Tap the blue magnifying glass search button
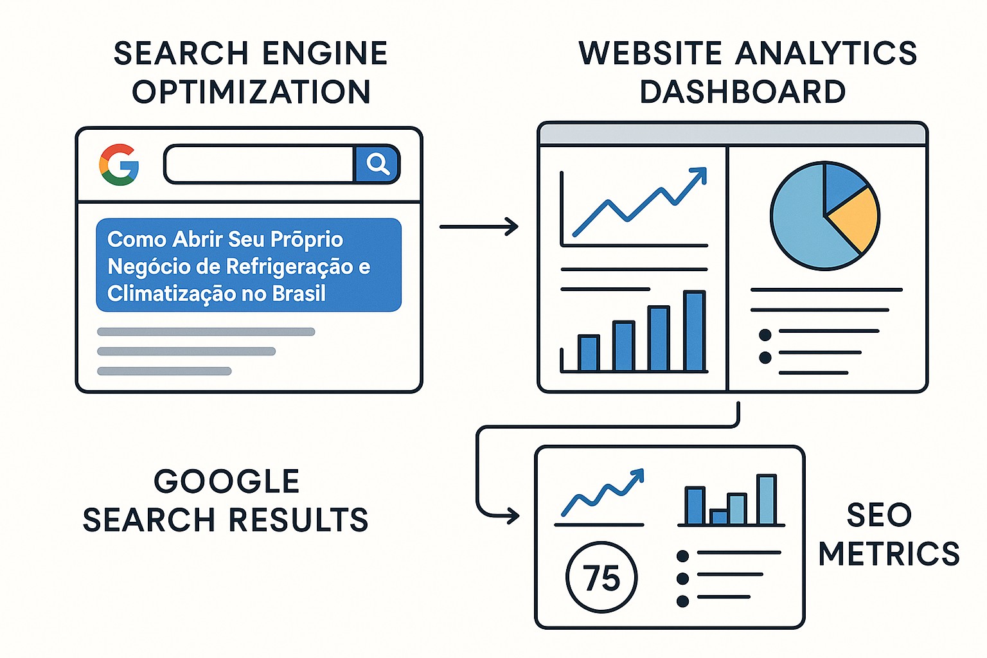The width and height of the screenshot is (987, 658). pyautogui.click(x=377, y=164)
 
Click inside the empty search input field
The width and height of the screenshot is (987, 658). pyautogui.click(x=259, y=164)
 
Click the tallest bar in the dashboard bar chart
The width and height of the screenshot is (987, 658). pyautogui.click(x=695, y=330)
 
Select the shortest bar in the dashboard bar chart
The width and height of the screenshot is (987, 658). pyautogui.click(x=588, y=353)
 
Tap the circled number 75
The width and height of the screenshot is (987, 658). pyautogui.click(x=601, y=577)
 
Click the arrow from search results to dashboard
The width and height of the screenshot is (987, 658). pyautogui.click(x=479, y=227)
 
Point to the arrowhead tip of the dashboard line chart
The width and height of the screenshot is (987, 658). pyautogui.click(x=706, y=168)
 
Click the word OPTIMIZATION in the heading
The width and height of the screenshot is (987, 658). pyautogui.click(x=251, y=92)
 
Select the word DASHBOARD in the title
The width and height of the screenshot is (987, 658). pyautogui.click(x=742, y=92)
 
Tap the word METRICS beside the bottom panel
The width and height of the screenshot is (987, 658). pyautogui.click(x=888, y=553)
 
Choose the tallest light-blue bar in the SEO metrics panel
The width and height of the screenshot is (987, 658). pyautogui.click(x=766, y=499)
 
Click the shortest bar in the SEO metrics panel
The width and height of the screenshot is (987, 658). pyautogui.click(x=718, y=517)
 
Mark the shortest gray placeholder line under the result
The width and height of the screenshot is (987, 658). pyautogui.click(x=164, y=371)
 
